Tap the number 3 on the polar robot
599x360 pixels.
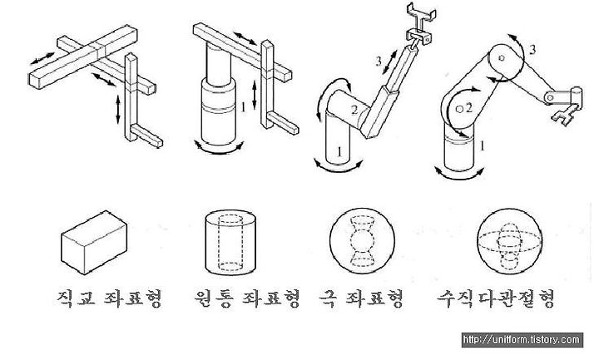coord(379,60)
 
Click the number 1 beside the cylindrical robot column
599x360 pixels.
coord(242,107)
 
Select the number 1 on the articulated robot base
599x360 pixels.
coord(483,145)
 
